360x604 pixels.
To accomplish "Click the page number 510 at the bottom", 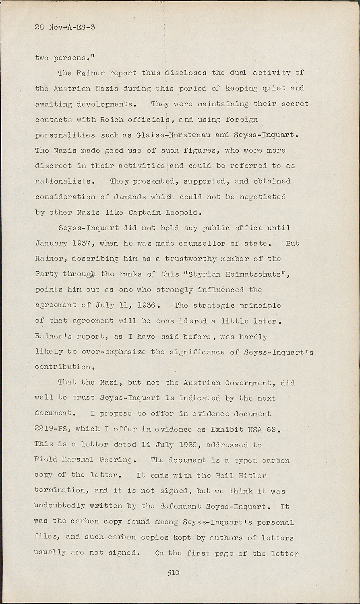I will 174,573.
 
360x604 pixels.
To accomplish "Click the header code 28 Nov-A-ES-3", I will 65,27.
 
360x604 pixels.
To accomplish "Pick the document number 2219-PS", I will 51,429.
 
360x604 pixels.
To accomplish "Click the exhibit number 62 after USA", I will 272,429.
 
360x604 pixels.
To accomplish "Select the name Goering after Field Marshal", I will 114,460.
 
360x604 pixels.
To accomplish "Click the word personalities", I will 65,135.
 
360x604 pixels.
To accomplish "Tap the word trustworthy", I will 190,259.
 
